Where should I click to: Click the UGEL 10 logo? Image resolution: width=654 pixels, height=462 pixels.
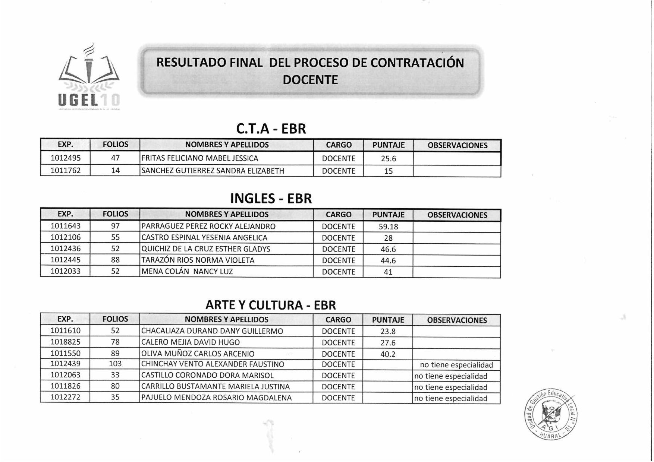[89, 78]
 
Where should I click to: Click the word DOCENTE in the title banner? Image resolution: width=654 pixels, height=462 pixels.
[310, 80]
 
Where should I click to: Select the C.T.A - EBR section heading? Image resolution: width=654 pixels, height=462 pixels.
[271, 129]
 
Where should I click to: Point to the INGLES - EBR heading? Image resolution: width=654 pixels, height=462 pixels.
[271, 199]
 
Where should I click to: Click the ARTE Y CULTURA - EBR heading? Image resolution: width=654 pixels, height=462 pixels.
[271, 305]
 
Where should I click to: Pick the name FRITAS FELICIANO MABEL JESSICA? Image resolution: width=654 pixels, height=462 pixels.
[200, 158]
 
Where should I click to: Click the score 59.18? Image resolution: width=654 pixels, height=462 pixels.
[388, 227]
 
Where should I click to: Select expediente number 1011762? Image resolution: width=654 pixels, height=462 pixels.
[66, 171]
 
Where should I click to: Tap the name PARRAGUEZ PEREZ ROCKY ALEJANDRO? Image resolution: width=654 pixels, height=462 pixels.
[208, 227]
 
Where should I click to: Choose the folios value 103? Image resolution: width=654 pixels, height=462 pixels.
[115, 364]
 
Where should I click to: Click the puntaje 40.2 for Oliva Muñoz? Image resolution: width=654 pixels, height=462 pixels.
[388, 354]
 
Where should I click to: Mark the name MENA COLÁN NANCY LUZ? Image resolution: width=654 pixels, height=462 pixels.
[187, 272]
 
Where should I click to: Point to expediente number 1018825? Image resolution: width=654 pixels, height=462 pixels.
[66, 342]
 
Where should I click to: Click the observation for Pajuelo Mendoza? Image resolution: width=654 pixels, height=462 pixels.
[451, 398]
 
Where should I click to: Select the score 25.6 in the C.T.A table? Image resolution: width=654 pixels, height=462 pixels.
[388, 159]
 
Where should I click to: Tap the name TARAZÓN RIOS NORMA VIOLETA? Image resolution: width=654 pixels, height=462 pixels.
[198, 260]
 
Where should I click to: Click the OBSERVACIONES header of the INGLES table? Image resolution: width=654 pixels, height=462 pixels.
[457, 215]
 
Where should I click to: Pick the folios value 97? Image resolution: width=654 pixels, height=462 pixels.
[115, 226]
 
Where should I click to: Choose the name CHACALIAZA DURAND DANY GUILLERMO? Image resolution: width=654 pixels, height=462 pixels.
[212, 331]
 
